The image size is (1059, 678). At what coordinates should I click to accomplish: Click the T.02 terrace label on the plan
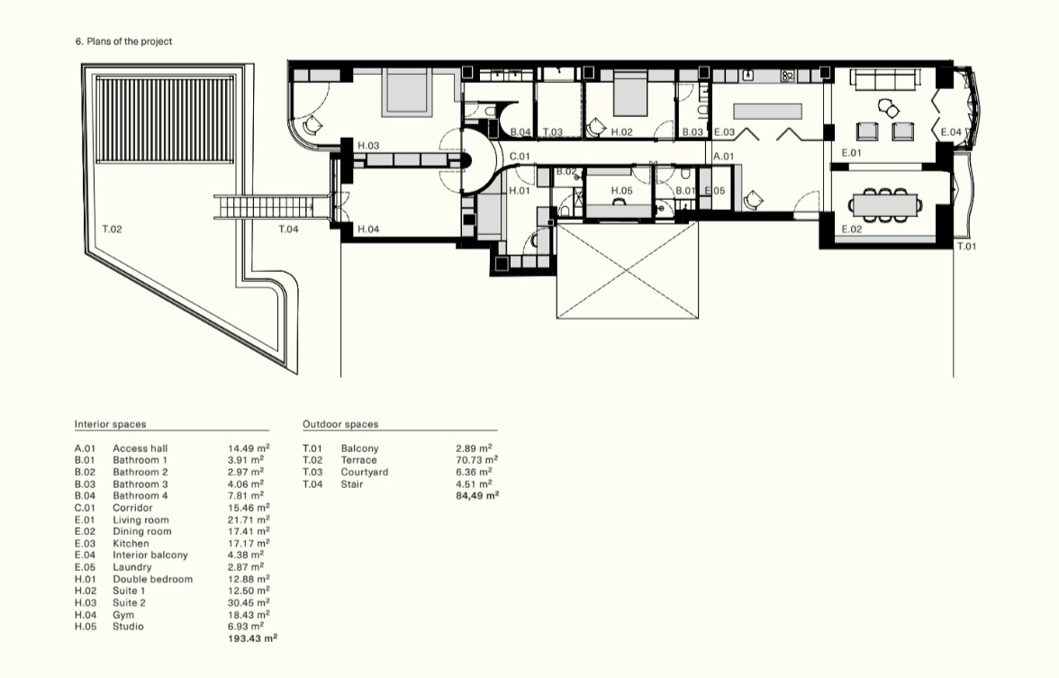[x=112, y=229]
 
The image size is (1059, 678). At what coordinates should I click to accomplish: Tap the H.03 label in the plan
[x=368, y=145]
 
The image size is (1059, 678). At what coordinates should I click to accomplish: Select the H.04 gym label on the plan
[x=368, y=229]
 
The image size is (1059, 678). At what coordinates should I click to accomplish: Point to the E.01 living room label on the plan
[x=852, y=153]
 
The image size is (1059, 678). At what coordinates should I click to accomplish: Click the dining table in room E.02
[x=884, y=204]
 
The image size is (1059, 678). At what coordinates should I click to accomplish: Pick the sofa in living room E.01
[x=885, y=80]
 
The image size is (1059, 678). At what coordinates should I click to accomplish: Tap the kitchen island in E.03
[x=768, y=112]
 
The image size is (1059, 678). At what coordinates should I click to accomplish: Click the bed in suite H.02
[x=630, y=95]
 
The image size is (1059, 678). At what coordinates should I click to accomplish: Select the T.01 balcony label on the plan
[x=966, y=247]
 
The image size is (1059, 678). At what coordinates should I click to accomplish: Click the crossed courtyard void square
[x=628, y=270]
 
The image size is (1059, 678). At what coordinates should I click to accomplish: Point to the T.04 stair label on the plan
[x=288, y=229]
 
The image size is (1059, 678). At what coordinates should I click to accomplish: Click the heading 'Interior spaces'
[x=110, y=424]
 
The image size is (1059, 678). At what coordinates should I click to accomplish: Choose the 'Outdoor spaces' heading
[x=340, y=424]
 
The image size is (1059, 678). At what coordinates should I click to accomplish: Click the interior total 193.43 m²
[x=252, y=638]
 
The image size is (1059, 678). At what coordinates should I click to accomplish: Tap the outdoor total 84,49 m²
[x=477, y=495]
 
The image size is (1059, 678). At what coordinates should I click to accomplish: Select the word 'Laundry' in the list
[x=131, y=567]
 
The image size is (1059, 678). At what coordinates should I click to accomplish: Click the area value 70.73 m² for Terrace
[x=477, y=460]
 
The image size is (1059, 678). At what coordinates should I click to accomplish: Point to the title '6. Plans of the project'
[x=123, y=41]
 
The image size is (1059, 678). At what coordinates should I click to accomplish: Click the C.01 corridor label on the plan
[x=520, y=157]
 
